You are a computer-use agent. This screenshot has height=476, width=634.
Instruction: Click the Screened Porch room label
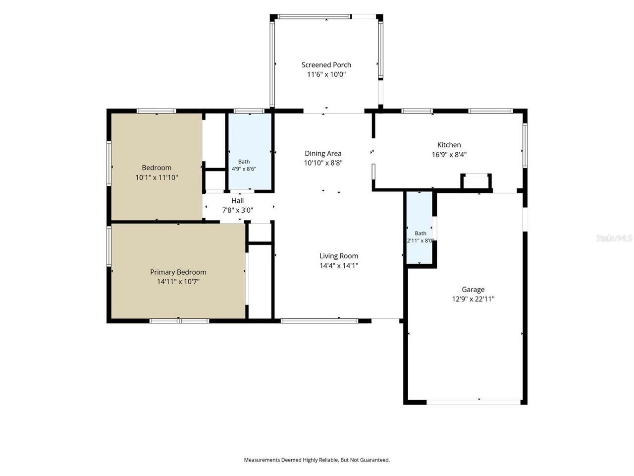326,65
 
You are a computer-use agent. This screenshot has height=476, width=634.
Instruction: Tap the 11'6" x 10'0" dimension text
326,74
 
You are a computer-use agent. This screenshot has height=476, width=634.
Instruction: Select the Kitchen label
449,145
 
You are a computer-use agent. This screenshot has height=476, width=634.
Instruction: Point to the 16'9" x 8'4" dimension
449,154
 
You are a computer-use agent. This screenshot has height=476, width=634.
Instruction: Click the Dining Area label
323,153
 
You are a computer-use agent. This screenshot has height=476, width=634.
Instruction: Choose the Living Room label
338,256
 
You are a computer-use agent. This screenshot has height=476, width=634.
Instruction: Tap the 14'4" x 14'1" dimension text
338,265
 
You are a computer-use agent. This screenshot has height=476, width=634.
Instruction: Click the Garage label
473,289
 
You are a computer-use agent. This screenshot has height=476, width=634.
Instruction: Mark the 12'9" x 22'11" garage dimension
473,299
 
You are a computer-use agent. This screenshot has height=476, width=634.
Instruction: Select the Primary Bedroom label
178,272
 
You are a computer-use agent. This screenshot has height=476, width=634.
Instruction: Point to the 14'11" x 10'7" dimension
178,282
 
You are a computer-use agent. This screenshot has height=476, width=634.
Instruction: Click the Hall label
237,201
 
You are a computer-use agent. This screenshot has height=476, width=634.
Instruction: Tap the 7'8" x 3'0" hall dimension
237,210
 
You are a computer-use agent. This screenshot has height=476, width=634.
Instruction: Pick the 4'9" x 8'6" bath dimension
244,169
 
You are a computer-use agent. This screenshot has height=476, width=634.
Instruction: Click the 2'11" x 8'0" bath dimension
420,240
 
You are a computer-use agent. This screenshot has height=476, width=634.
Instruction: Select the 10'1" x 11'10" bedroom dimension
157,177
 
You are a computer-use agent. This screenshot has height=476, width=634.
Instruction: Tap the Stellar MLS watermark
614,238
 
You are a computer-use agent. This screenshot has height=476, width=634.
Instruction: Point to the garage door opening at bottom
474,402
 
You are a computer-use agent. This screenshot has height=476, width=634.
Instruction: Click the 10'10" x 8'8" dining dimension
323,163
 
